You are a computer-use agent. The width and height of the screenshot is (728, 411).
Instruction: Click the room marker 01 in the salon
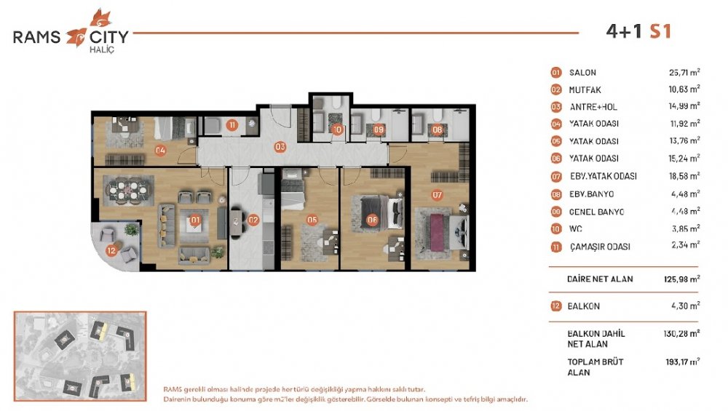pyautogui.click(x=195, y=220)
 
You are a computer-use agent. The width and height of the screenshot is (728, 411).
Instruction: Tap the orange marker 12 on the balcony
pyautogui.click(x=111, y=251)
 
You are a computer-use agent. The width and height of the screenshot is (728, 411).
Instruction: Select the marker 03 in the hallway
pyautogui.click(x=280, y=147)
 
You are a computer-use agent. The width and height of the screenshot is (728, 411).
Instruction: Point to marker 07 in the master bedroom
pyautogui.click(x=437, y=195)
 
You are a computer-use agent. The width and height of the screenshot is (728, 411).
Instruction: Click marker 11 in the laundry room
pyautogui.click(x=232, y=125)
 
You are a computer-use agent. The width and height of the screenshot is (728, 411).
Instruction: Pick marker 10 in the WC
pyautogui.click(x=338, y=130)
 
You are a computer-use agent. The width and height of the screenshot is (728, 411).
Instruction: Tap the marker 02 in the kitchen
pyautogui.click(x=253, y=220)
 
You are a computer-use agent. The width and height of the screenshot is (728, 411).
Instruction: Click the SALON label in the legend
pyautogui.click(x=582, y=72)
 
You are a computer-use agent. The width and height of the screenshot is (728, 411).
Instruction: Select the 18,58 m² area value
pyautogui.click(x=684, y=176)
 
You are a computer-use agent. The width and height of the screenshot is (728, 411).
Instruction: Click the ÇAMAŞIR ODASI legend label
pyautogui.click(x=600, y=247)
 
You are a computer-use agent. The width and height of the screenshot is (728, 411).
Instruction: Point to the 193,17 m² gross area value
pyautogui.click(x=683, y=362)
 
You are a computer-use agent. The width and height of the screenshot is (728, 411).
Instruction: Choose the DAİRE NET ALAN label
pyautogui.click(x=600, y=279)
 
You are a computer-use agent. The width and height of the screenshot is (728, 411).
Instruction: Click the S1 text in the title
pyautogui.click(x=660, y=31)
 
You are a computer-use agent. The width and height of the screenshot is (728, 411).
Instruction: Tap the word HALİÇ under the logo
pyautogui.click(x=102, y=49)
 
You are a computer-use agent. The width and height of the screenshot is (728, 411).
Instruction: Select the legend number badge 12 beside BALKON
pyautogui.click(x=555, y=306)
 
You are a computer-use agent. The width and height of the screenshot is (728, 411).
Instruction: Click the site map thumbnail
pyautogui.click(x=80, y=356)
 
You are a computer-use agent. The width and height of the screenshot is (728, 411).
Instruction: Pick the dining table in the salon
pyautogui.click(x=127, y=191)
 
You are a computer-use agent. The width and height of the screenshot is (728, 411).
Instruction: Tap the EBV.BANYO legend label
pyautogui.click(x=591, y=194)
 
